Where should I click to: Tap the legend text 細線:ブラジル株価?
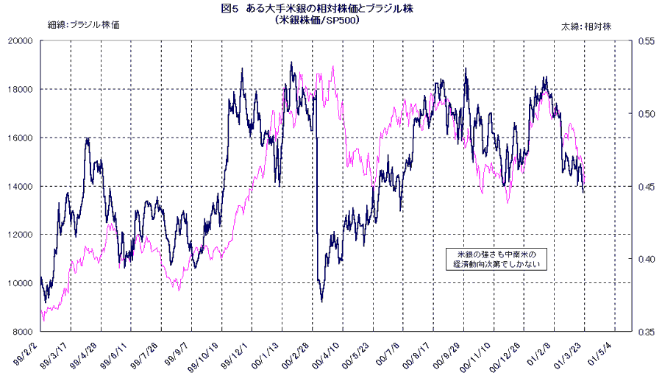(83, 25)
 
